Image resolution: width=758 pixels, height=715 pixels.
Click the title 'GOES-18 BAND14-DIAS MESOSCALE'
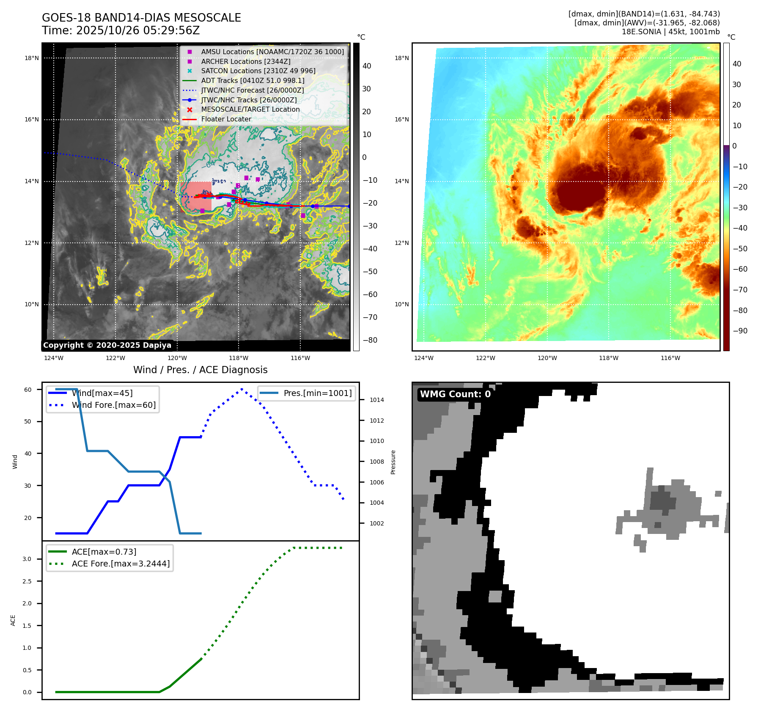(141, 18)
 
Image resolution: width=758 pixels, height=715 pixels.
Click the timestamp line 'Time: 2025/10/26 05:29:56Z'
(121, 30)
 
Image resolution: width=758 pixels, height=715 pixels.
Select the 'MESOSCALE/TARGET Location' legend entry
(250, 110)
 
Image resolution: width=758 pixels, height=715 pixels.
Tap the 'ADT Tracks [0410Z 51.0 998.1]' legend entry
(253, 80)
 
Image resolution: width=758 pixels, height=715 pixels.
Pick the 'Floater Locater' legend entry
(226, 119)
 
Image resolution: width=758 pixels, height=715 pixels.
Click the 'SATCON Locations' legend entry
(258, 71)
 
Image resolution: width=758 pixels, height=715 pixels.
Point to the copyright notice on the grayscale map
(107, 345)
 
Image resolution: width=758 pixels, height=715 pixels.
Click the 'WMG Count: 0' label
(455, 394)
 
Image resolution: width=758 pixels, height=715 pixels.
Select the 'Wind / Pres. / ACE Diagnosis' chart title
(200, 370)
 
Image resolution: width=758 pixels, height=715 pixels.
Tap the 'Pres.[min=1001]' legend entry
(317, 393)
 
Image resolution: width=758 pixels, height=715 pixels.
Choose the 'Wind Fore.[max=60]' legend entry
(113, 405)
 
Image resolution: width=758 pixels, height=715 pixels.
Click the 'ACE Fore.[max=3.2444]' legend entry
(121, 564)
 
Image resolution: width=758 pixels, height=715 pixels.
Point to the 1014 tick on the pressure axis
(376, 400)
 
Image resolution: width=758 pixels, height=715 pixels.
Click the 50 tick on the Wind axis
(27, 421)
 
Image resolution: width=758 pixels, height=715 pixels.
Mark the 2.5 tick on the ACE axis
(27, 581)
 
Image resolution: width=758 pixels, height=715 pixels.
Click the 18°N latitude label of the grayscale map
(31, 58)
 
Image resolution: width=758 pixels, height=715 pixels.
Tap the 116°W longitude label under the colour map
(670, 358)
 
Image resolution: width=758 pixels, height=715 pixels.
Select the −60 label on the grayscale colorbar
(370, 294)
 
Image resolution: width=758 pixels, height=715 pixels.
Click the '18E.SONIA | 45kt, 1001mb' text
(670, 32)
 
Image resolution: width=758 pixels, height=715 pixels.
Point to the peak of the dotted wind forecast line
(242, 389)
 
